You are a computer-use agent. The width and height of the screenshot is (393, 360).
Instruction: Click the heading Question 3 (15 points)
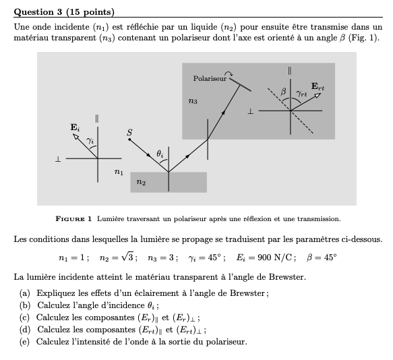[64, 12]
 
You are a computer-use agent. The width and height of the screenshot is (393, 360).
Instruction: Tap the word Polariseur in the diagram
[210, 79]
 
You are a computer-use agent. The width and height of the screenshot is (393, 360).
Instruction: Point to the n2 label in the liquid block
[140, 182]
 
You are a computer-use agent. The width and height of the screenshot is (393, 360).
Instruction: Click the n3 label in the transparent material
[193, 100]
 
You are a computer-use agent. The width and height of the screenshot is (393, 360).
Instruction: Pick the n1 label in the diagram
[119, 173]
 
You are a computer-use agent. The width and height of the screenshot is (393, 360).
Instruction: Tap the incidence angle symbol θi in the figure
[160, 154]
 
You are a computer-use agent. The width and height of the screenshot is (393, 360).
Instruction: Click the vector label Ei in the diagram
[74, 127]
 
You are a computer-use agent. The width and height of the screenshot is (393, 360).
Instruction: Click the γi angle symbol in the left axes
[90, 140]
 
